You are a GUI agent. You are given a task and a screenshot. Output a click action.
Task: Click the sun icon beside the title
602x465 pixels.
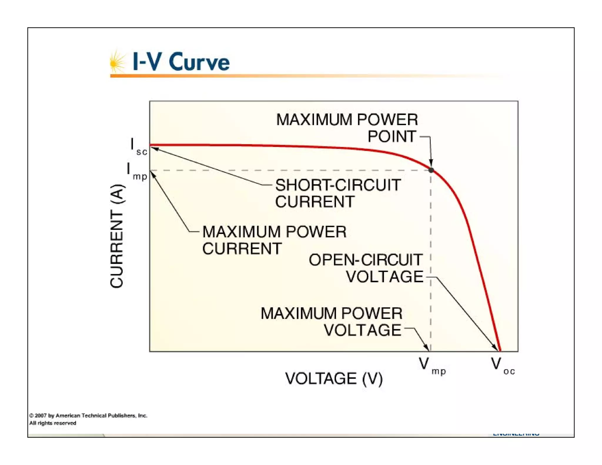coord(117,62)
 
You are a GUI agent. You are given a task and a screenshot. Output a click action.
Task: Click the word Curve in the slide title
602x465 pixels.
coord(199,62)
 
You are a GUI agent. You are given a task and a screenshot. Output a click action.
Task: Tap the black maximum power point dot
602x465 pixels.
coord(431,170)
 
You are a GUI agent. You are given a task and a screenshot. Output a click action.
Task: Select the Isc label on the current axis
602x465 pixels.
coord(138,147)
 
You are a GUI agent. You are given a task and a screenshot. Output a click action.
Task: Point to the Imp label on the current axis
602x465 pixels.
coord(137,172)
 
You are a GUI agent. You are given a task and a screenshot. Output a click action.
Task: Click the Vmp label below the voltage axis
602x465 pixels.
coord(432,366)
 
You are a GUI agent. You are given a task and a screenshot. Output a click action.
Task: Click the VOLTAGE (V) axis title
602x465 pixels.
coord(334,378)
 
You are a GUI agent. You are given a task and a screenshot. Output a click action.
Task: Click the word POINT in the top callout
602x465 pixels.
coord(392,136)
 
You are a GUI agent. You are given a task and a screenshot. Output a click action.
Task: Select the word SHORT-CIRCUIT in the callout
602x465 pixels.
coord(338,185)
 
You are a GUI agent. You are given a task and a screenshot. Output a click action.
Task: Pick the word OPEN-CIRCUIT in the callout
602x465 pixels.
coord(366,260)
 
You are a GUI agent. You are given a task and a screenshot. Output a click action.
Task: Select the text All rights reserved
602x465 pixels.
coord(53,423)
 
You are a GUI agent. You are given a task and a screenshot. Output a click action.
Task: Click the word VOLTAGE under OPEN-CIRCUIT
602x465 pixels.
coord(384,277)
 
